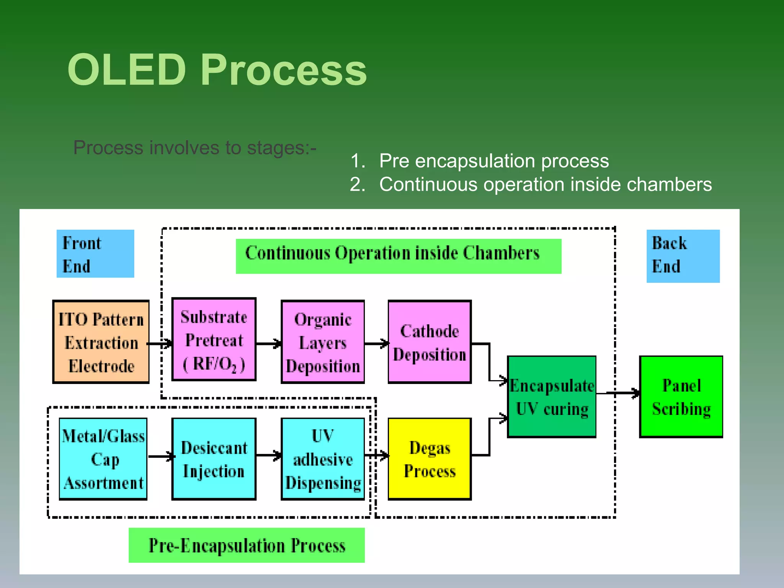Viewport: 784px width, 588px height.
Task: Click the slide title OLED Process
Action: click(x=217, y=70)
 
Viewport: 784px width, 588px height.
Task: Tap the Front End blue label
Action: click(x=95, y=254)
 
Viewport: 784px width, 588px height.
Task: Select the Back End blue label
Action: click(x=683, y=256)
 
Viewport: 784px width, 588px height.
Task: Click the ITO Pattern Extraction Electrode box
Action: click(x=101, y=342)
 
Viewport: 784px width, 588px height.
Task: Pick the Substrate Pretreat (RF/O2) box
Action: click(x=214, y=340)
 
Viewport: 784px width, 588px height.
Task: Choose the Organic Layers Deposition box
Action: click(x=323, y=342)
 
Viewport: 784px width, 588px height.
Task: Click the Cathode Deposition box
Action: click(x=430, y=342)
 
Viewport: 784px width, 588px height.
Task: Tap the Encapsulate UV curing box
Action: click(x=552, y=397)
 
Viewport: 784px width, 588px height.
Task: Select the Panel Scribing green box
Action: click(x=681, y=397)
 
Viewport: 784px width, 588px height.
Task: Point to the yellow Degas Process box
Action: click(x=430, y=459)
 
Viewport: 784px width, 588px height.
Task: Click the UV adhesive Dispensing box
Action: click(x=323, y=459)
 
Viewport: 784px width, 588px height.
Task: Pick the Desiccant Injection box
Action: click(x=214, y=459)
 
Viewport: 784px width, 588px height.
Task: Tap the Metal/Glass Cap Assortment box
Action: click(x=103, y=459)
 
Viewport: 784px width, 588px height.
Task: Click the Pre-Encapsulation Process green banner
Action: click(x=247, y=545)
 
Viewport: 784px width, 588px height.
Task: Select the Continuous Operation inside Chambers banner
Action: click(x=398, y=256)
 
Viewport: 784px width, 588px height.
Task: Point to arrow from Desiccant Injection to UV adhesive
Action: click(x=268, y=456)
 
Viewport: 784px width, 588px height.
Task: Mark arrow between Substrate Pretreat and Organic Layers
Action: click(x=268, y=344)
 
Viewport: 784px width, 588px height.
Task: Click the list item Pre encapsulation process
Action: click(x=493, y=161)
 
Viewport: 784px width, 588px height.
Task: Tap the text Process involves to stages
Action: click(x=194, y=148)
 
